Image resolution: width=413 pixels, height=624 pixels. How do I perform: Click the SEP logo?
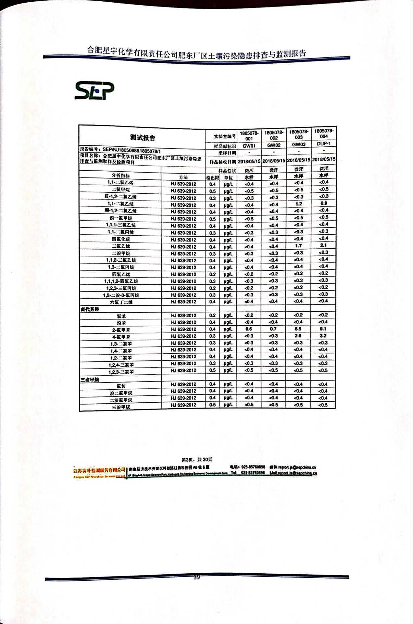pos(94,91)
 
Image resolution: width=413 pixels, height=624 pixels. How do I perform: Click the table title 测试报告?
pos(143,138)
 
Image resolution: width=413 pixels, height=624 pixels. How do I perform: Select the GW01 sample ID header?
pos(249,146)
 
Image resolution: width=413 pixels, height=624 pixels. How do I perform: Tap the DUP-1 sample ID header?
pos(324,144)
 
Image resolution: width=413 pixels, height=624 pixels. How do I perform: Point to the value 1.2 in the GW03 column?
pos(299,204)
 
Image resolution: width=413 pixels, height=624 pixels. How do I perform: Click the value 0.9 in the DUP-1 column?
pos(324,203)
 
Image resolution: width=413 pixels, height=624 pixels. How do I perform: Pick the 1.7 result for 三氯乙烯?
pos(299,246)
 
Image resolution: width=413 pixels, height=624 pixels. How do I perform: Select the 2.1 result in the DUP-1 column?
pos(323,245)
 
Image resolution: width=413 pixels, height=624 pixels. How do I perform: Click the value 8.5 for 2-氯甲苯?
pos(298,329)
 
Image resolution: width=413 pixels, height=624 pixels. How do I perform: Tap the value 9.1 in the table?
pos(323,329)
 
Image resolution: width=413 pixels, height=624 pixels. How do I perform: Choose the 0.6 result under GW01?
pos(249,329)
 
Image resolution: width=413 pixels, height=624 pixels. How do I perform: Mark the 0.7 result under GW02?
pos(273,329)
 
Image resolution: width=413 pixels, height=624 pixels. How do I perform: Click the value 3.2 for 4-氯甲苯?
pos(323,336)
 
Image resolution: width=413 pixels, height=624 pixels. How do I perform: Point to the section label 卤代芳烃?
pos(90,309)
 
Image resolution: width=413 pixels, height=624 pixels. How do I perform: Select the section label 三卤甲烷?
pos(90,379)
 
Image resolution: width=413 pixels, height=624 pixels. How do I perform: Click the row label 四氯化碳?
pos(121,239)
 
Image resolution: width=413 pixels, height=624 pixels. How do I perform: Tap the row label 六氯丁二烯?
pos(121,302)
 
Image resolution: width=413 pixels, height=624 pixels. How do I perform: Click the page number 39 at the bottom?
pos(196,578)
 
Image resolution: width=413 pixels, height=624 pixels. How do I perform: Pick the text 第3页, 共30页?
pos(197,460)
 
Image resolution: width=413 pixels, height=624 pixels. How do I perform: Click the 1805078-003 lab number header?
pos(299,135)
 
